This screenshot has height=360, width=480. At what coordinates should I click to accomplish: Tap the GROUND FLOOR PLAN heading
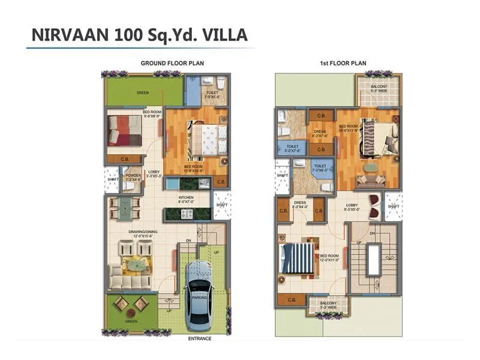166,63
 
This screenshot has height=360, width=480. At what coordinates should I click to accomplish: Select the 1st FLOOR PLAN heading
343,63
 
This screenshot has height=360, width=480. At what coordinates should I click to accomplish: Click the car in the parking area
199,295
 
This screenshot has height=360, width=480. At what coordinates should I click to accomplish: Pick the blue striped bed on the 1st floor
298,259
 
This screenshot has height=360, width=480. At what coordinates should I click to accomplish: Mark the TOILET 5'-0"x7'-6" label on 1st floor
292,148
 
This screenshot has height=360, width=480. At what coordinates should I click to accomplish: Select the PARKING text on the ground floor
199,298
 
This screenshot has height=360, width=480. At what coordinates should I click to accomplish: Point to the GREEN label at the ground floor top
142,93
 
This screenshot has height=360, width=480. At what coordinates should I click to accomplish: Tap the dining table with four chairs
125,208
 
